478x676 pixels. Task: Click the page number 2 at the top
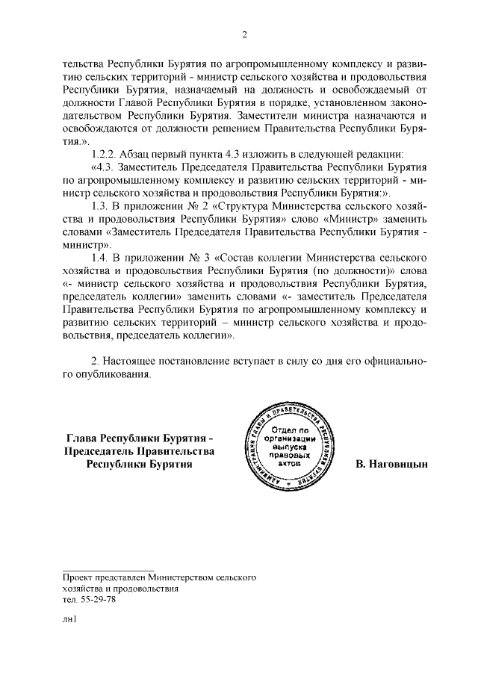244,34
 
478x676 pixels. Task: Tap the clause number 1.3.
101,205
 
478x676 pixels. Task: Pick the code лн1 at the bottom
70,618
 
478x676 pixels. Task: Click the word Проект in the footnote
79,577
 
